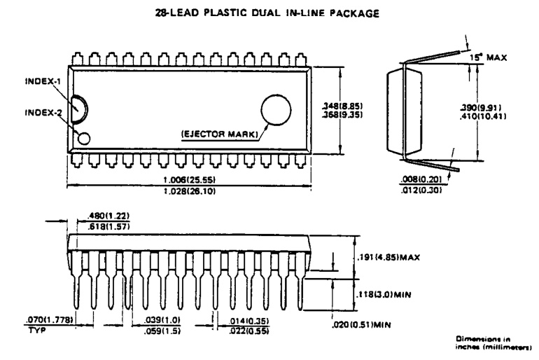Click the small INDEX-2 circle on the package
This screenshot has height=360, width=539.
click(x=85, y=137)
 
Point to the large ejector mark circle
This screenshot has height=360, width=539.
click(x=276, y=111)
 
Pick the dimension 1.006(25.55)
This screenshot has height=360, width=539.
click(x=189, y=181)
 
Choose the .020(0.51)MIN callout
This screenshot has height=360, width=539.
click(x=361, y=324)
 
